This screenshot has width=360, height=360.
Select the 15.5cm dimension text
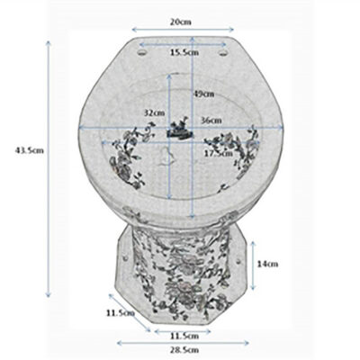(x=184, y=53)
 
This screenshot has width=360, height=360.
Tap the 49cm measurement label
(x=203, y=94)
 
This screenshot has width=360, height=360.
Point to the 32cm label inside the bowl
(x=154, y=112)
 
